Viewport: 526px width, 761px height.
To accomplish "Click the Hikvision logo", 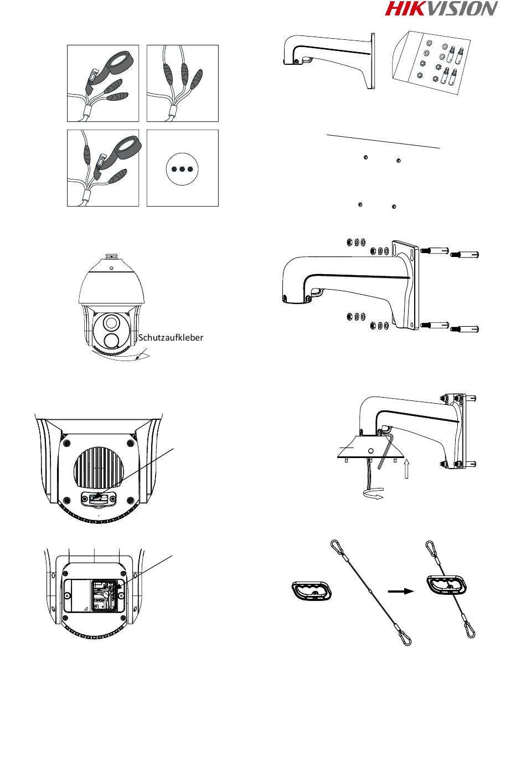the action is pyautogui.click(x=441, y=9).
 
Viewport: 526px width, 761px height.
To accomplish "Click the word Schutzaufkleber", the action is pyautogui.click(x=171, y=338).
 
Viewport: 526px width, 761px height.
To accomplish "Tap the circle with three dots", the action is pyautogui.click(x=182, y=169).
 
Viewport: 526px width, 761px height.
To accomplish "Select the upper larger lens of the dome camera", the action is pyautogui.click(x=111, y=322).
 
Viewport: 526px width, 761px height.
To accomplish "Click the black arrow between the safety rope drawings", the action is pyautogui.click(x=401, y=592).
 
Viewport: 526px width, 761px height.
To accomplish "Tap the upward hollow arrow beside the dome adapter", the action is pyautogui.click(x=406, y=469).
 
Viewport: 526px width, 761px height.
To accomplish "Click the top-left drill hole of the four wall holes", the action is pyautogui.click(x=365, y=157).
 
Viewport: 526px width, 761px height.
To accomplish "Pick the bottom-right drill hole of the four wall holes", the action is pyautogui.click(x=394, y=206).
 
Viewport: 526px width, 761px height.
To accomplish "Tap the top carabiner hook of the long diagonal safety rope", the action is pyautogui.click(x=336, y=544).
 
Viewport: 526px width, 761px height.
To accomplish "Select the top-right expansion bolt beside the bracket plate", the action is pyautogui.click(x=465, y=254).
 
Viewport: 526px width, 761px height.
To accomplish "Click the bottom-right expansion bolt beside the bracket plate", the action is pyautogui.click(x=465, y=329).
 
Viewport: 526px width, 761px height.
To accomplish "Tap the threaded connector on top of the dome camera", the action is pyautogui.click(x=112, y=255).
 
